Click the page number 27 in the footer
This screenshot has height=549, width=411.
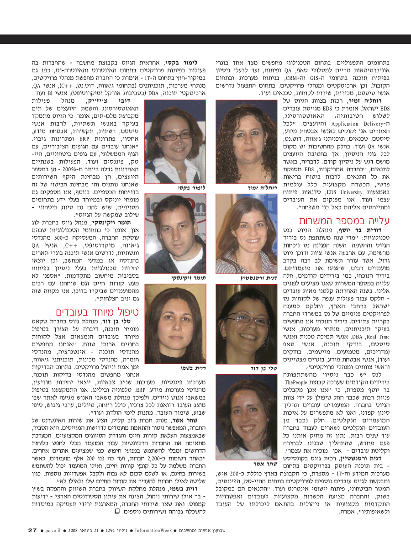coord(32,530)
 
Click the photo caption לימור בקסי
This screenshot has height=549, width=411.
coord(190,188)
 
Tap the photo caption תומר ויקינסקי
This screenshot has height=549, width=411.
coord(182,277)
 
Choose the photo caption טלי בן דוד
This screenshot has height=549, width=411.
coord(262,368)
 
